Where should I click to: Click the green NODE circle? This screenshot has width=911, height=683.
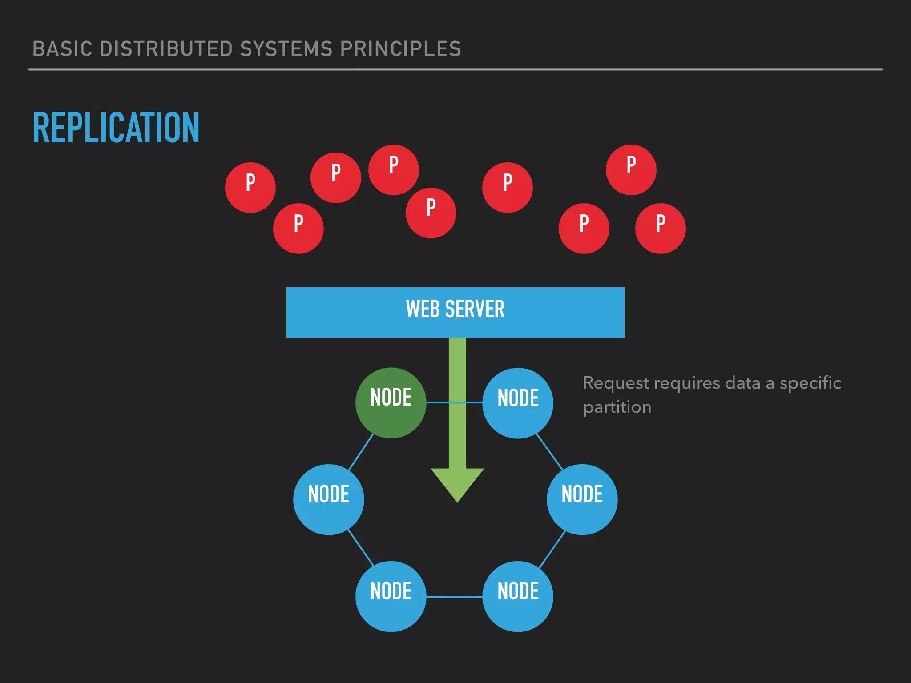tap(391, 402)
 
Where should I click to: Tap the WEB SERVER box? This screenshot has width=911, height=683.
tap(455, 312)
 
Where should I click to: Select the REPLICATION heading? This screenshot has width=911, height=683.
tap(116, 128)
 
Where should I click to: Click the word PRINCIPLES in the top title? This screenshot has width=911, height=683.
tap(400, 49)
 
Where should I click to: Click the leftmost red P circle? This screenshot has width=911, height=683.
tap(250, 187)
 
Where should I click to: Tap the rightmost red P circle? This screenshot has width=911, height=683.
tap(660, 228)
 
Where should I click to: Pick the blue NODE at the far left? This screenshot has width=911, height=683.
tap(328, 499)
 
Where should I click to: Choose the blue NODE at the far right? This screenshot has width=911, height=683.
tap(582, 499)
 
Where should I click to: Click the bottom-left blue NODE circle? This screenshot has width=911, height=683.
tap(391, 596)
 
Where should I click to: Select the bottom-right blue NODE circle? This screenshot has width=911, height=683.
tap(518, 596)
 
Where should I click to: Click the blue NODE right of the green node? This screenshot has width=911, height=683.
tap(518, 402)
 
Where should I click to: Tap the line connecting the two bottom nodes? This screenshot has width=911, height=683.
tap(454, 597)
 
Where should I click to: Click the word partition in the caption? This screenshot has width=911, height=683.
tap(617, 407)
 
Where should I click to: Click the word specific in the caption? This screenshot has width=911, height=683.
tap(810, 383)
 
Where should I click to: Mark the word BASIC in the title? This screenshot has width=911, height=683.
tap(62, 49)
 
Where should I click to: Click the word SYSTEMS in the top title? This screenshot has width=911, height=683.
tap(286, 49)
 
